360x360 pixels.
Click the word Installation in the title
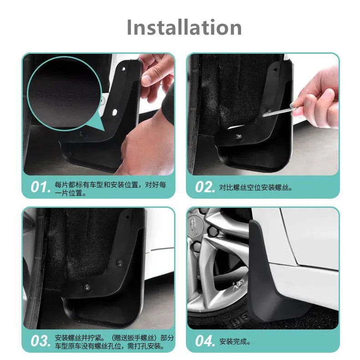pos(184,27)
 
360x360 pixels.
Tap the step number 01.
pos(40,186)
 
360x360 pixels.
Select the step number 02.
pos(205,187)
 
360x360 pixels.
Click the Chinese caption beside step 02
pos(256,187)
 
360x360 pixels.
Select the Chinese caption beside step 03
pos(114,342)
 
